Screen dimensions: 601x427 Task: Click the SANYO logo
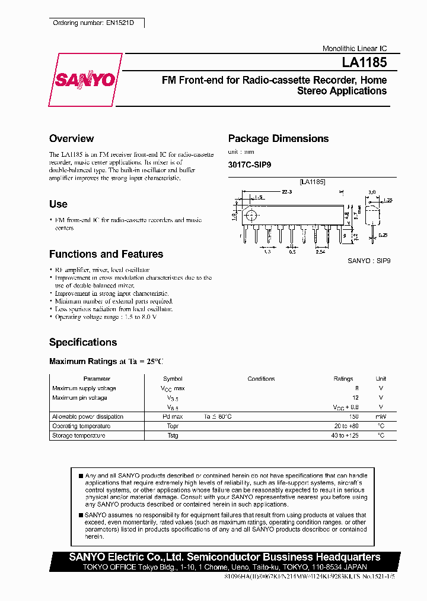[85, 80]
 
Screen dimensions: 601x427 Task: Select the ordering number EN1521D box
[95, 23]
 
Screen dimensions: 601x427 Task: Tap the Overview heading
[71, 138]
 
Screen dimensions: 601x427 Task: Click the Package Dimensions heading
[278, 138]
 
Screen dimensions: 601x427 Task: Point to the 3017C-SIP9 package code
[250, 166]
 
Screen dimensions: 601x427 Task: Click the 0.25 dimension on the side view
[384, 236]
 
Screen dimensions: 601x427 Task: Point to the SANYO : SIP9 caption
[369, 261]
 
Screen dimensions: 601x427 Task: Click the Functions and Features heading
[106, 254]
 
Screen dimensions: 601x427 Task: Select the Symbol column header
[173, 379]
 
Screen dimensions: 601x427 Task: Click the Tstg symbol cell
[173, 436]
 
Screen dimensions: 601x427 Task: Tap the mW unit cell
[381, 417]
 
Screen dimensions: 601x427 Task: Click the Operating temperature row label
[81, 426]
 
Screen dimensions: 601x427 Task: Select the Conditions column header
[261, 379]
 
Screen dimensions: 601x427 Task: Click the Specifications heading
[83, 343]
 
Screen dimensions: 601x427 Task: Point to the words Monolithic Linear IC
[354, 49]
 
